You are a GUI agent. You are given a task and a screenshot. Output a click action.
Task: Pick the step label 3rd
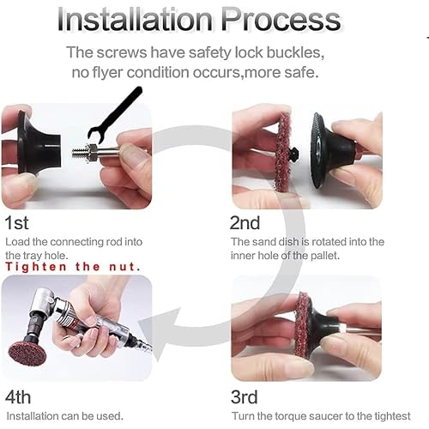coord(249,397)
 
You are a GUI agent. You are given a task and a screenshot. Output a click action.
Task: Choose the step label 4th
coord(19,397)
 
